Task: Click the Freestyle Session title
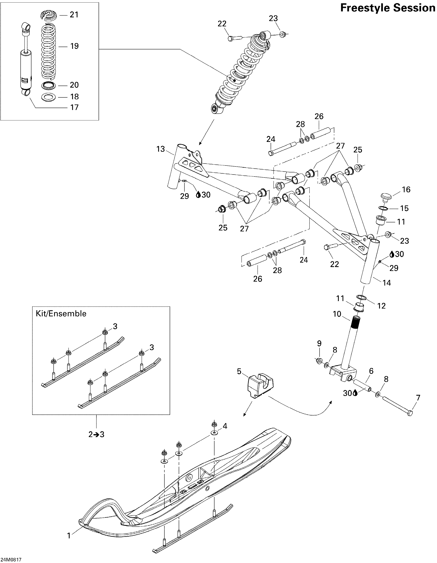[388, 8]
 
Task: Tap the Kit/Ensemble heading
[61, 314]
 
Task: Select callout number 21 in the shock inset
[74, 15]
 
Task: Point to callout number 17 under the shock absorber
[74, 107]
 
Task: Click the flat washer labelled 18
[49, 97]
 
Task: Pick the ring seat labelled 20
[49, 85]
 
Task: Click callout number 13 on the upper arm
[161, 149]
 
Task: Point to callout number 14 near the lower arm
[387, 283]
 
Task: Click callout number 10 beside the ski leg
[337, 314]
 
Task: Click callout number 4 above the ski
[225, 426]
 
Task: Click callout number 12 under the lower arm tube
[381, 306]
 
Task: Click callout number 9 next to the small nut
[319, 344]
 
